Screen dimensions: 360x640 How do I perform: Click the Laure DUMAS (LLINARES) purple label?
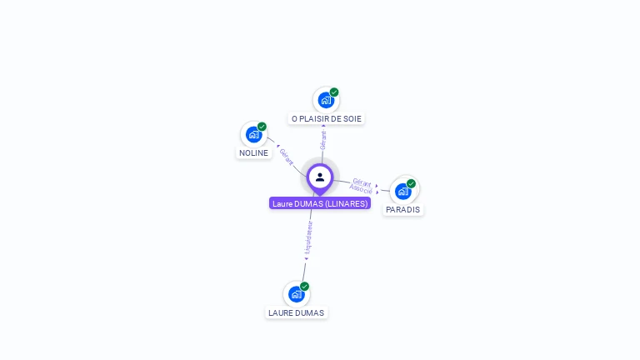pos(320,203)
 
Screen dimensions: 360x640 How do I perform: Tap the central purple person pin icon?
pos(320,177)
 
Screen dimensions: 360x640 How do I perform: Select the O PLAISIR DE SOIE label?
pos(327,119)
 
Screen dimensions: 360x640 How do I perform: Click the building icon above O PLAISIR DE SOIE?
pos(326,100)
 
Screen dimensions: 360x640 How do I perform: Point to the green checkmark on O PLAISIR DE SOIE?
pos(334,92)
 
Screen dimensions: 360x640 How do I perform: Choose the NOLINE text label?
pos(253,153)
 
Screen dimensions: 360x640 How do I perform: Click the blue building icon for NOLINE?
pos(253,134)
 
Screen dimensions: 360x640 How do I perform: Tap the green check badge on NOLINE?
pos(262,127)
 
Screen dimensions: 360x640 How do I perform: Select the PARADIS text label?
pos(403,210)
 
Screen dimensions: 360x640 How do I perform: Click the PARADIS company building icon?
pos(403,191)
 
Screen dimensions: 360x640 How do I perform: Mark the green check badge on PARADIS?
pos(411,183)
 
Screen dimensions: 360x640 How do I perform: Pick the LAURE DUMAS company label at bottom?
pos(296,313)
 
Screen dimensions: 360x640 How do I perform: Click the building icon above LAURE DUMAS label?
pos(296,293)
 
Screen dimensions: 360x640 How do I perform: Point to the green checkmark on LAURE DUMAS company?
pos(304,286)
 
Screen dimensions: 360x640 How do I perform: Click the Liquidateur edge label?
pos(308,237)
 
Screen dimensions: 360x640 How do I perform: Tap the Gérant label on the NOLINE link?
pos(287,157)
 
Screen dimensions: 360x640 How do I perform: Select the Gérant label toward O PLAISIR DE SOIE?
pos(323,139)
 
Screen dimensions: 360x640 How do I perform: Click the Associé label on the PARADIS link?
pos(361,189)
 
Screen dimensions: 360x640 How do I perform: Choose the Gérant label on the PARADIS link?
pos(362,181)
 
